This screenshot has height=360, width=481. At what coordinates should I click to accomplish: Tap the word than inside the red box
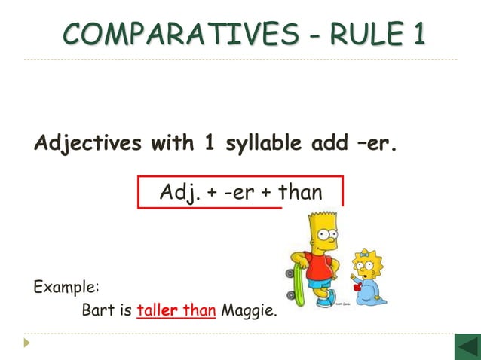pyautogui.click(x=300, y=192)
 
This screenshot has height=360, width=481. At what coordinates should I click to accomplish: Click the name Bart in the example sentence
pyautogui.click(x=97, y=310)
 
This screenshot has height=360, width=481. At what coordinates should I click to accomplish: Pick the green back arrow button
pyautogui.click(x=466, y=347)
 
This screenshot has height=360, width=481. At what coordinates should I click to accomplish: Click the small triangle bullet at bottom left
pyautogui.click(x=27, y=343)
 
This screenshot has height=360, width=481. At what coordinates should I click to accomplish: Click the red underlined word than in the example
pyautogui.click(x=200, y=310)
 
